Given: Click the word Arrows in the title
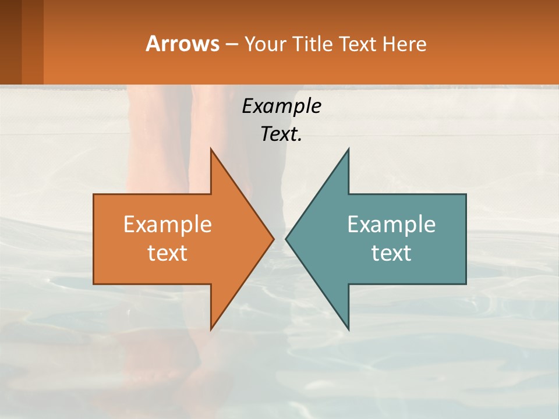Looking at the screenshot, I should [182, 44].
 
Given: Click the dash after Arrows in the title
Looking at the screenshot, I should [231, 45].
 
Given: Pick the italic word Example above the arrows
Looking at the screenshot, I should [281, 106].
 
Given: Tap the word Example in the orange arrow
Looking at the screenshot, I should [168, 225].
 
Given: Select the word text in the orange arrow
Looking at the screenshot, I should [168, 253].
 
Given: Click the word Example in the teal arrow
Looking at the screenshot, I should [391, 225].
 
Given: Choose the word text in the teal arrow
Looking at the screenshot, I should [391, 253].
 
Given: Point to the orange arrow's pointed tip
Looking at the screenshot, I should [273, 239].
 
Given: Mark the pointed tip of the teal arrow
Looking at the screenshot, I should [286, 239].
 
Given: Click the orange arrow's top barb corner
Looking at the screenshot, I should [211, 149].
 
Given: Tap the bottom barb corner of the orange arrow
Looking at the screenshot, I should [211, 329].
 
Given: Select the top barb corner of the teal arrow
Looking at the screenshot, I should [348, 149].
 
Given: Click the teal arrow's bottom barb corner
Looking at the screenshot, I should [348, 329].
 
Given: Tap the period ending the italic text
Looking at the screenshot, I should [300, 140].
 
